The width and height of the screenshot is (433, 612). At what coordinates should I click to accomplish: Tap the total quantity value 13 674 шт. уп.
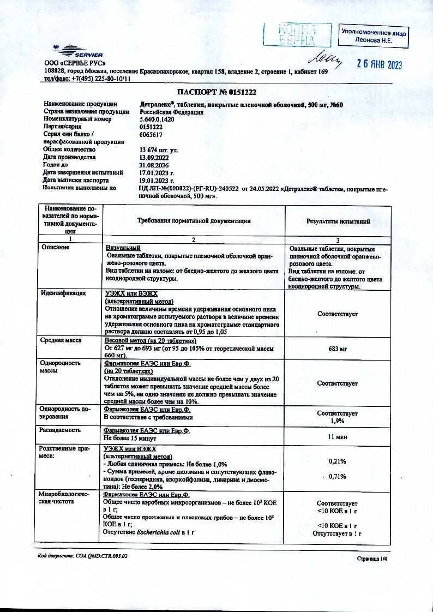(x=159, y=149)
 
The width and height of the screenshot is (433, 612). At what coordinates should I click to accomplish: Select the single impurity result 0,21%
(x=338, y=461)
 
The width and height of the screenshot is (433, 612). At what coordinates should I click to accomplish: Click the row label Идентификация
(x=64, y=293)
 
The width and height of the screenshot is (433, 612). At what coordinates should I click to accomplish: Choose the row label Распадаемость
(x=61, y=430)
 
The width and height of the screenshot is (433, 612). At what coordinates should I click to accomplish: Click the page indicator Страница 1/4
(x=371, y=559)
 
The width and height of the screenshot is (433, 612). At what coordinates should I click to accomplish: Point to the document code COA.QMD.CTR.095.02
(x=82, y=556)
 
